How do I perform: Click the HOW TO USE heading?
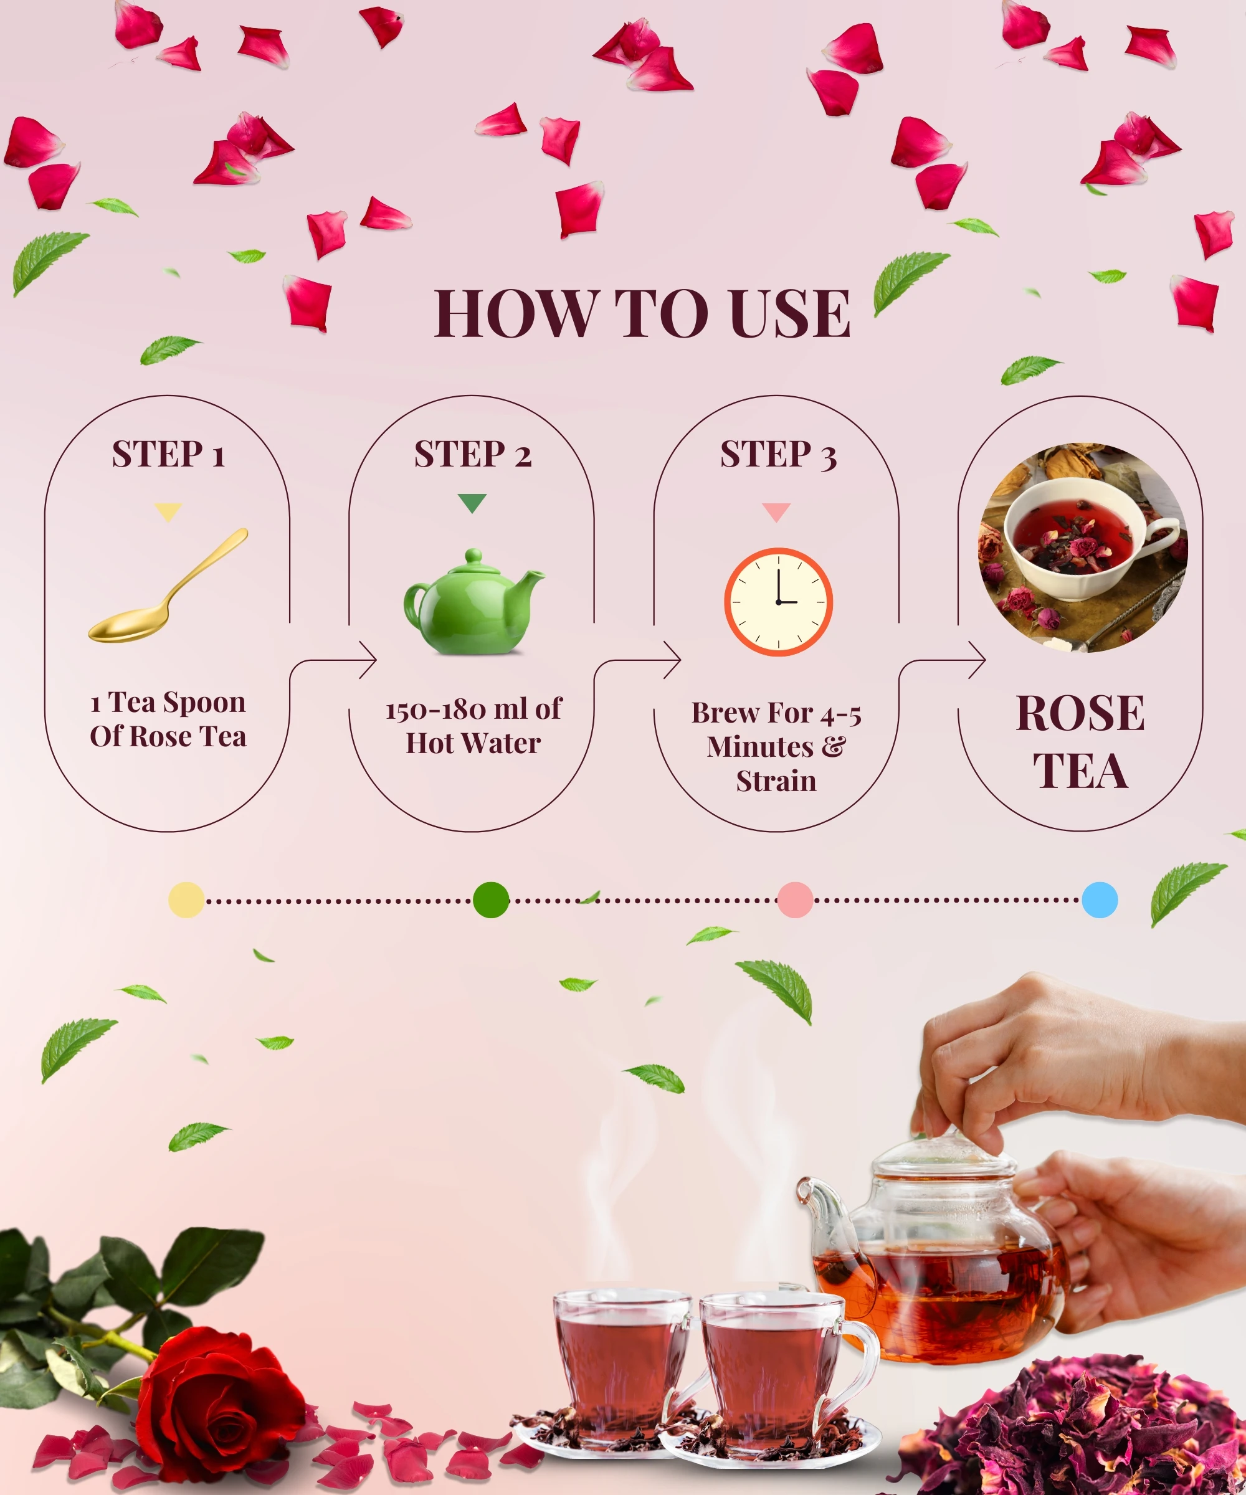(x=642, y=313)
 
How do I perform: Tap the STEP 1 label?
(x=169, y=454)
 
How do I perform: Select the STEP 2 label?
(x=473, y=454)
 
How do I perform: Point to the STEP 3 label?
(x=778, y=454)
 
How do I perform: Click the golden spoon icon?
(x=168, y=585)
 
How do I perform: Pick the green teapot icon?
(x=473, y=602)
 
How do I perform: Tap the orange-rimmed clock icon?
(x=778, y=602)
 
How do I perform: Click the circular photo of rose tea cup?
(x=1083, y=548)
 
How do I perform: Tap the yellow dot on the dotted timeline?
(x=186, y=900)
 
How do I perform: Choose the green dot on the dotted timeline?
(x=492, y=900)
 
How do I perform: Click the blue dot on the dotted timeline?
(x=1100, y=900)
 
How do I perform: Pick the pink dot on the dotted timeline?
(x=796, y=900)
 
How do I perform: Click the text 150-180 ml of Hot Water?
(x=473, y=726)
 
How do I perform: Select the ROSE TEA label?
(x=1081, y=742)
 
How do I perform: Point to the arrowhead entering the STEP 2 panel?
(x=369, y=660)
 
